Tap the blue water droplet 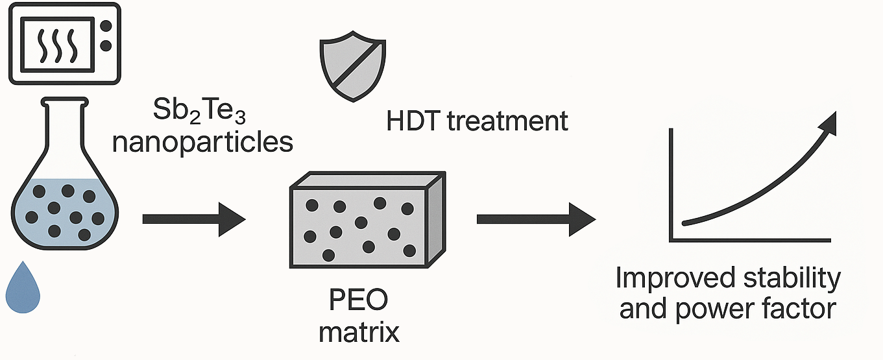23,288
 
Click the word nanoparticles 202,141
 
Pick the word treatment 511,121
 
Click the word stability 801,279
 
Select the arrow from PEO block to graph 536,219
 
